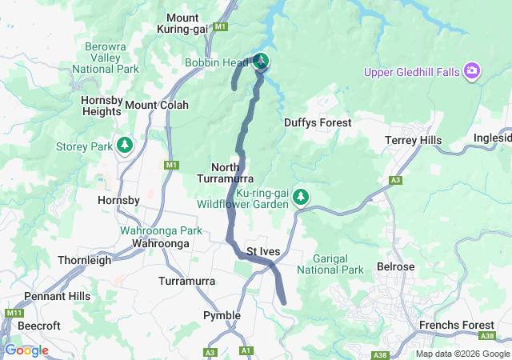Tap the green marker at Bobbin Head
[261, 61]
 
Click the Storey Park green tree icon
[124, 145]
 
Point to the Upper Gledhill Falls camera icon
[472, 72]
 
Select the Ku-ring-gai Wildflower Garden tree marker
[301, 196]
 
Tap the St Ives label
[263, 251]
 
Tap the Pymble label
[222, 315]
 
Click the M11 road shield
[14, 313]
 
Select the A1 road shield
[246, 350]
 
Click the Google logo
[26, 350]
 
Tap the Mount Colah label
[157, 105]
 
